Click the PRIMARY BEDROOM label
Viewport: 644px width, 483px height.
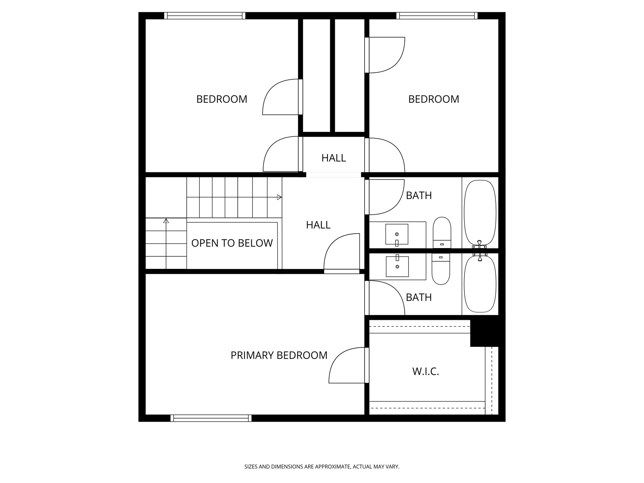(x=279, y=355)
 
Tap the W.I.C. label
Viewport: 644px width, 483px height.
(x=425, y=372)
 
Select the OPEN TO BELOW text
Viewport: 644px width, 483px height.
(x=232, y=243)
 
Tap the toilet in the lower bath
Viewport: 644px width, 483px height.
(x=441, y=269)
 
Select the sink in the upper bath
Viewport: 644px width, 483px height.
(x=397, y=234)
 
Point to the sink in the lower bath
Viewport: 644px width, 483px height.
(x=397, y=266)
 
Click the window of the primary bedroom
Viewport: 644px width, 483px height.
(x=211, y=418)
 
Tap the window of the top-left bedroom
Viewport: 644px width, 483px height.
(x=205, y=16)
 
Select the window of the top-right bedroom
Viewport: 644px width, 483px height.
(x=437, y=16)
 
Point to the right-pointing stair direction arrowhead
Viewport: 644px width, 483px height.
(x=279, y=197)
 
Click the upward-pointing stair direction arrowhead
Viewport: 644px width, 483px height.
(x=166, y=221)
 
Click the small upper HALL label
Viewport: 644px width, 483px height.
(x=333, y=158)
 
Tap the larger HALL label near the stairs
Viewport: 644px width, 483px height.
(x=318, y=225)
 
